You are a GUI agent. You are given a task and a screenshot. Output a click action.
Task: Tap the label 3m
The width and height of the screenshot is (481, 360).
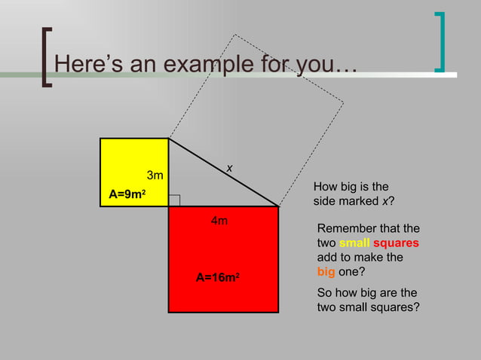point(156,176)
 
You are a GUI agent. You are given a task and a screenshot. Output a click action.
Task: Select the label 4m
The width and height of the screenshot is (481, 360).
point(219,221)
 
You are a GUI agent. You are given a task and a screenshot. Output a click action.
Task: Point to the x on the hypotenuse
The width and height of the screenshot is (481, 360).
point(229,169)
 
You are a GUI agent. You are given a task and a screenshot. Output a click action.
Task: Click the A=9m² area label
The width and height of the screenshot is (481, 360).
point(127,194)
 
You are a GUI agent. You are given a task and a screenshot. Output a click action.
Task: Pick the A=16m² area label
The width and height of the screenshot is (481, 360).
point(218,278)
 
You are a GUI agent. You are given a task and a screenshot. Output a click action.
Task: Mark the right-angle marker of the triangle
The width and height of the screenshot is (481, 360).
point(174,200)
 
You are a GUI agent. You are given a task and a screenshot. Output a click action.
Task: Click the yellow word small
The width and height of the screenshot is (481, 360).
point(354,243)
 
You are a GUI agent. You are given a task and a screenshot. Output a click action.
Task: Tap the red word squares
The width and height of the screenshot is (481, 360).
point(396,243)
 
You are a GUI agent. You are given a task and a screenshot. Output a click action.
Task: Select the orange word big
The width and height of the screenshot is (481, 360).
point(326,272)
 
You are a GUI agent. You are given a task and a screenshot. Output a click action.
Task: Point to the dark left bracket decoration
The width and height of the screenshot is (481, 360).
point(46,57)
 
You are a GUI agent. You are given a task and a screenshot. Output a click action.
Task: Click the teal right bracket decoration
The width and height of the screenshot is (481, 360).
point(440,42)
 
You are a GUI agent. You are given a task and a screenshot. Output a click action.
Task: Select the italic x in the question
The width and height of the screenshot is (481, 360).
point(385,201)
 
